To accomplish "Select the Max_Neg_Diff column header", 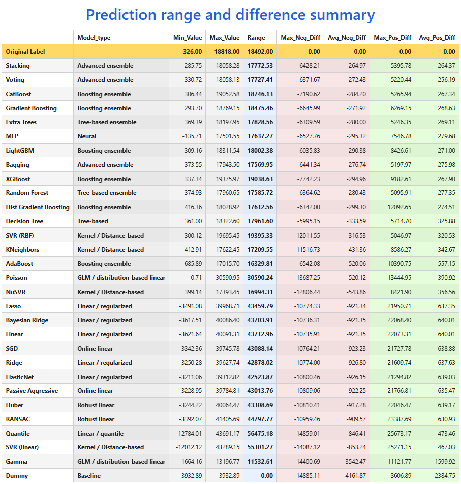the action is tap(300, 38).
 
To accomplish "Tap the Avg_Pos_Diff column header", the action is tap(437, 38).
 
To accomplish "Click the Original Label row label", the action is tap(25, 52).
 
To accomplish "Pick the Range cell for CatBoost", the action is tap(260, 94).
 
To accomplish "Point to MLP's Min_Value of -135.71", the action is tap(192, 136).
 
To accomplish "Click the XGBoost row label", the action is tap(18, 179).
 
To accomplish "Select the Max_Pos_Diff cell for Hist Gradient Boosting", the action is tap(399, 207).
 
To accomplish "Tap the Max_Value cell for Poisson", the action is tap(228, 278).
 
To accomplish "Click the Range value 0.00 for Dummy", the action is tap(267, 476).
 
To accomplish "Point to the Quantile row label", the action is tap(18, 434).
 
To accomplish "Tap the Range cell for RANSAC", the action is tap(260, 419).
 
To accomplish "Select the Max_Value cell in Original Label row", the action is tap(227, 52).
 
